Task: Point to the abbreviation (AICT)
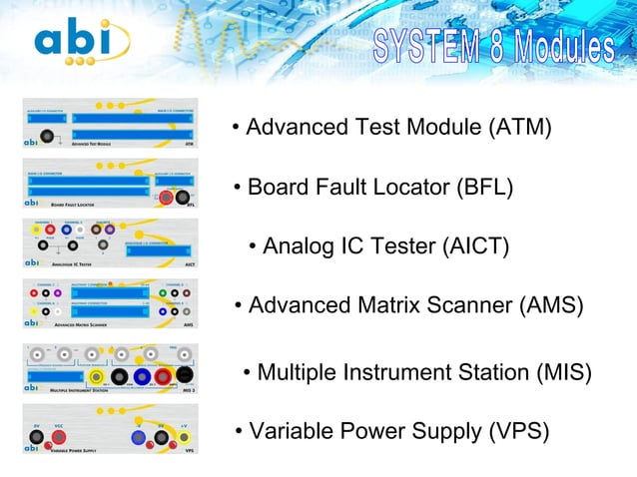(475, 246)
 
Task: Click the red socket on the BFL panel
(166, 198)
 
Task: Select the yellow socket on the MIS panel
(96, 376)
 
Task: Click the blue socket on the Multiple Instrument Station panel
(140, 376)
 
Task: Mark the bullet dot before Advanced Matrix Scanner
(238, 306)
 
